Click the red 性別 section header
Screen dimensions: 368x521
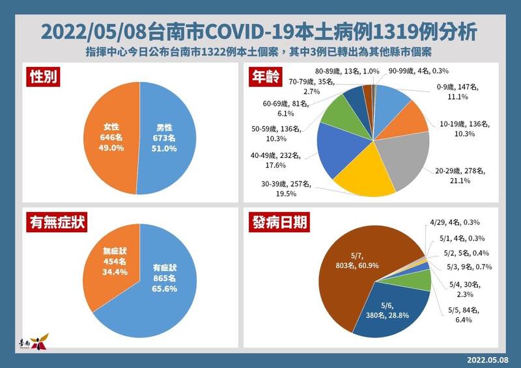pyautogui.click(x=44, y=77)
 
